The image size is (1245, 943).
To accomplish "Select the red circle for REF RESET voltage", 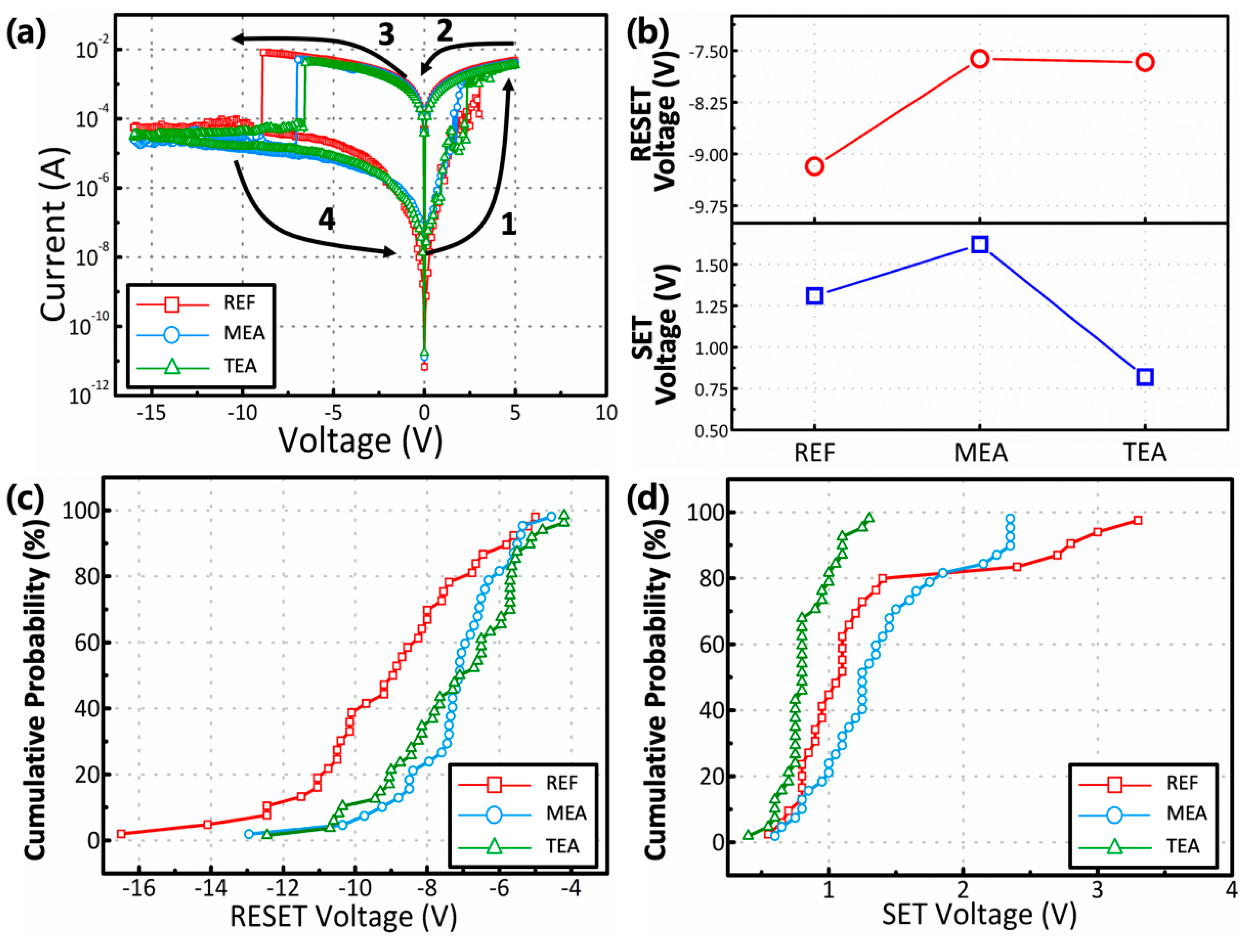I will click(814, 167).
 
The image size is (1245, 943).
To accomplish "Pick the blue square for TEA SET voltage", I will click(1145, 377).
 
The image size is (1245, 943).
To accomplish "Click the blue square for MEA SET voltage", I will click(980, 244).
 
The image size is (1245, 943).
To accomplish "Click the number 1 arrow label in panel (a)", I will click(508, 224).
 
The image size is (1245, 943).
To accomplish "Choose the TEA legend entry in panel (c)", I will click(561, 846).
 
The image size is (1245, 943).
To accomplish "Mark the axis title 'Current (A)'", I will click(53, 235).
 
